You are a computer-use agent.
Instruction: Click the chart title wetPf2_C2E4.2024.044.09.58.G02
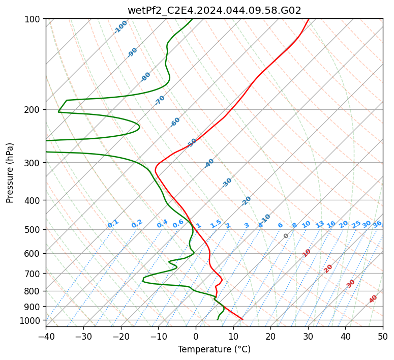(215, 10)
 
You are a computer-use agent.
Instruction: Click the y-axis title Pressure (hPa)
(10, 173)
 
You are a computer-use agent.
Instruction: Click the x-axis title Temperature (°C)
(215, 349)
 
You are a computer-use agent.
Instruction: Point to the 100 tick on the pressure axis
(32, 19)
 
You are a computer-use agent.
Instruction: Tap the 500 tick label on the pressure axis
(32, 230)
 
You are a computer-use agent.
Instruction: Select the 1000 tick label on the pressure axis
(29, 320)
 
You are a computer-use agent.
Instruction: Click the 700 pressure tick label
(32, 274)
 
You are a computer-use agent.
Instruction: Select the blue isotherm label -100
(120, 27)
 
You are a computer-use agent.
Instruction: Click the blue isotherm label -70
(160, 100)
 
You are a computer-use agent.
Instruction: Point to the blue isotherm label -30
(227, 183)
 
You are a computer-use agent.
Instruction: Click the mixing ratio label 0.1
(113, 224)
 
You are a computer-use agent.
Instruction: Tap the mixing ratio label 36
(377, 224)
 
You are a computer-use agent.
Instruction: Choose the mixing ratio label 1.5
(216, 224)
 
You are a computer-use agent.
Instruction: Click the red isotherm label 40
(373, 299)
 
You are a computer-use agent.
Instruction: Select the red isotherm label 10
(307, 253)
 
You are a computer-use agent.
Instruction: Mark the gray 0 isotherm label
(286, 236)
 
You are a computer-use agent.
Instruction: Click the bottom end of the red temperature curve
(243, 319)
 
